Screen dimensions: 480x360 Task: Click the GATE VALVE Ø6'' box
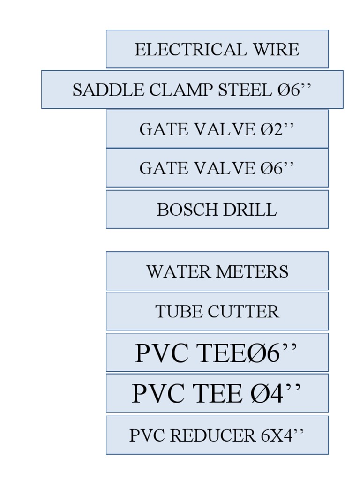217,168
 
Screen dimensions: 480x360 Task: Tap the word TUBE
175,312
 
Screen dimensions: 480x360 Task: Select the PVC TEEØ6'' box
217,352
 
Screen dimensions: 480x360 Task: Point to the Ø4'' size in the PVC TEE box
272,393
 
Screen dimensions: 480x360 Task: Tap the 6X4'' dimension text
283,435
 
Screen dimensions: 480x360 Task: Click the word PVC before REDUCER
147,435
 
